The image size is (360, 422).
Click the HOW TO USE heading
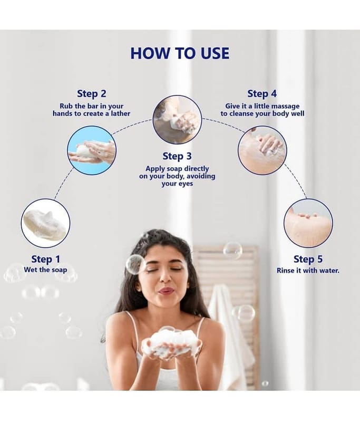pyautogui.click(x=180, y=53)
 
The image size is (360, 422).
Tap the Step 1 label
pyautogui.click(x=46, y=259)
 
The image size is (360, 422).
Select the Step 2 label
pyautogui.click(x=92, y=94)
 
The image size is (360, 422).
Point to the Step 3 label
pyautogui.click(x=177, y=156)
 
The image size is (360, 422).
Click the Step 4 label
pyautogui.click(x=262, y=94)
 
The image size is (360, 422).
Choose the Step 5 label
pyautogui.click(x=308, y=259)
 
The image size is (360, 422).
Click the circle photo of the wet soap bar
pyautogui.click(x=45, y=223)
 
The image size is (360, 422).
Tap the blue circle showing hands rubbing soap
pyautogui.click(x=92, y=150)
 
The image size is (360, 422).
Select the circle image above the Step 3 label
pyautogui.click(x=177, y=120)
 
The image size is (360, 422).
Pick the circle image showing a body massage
pyautogui.click(x=262, y=150)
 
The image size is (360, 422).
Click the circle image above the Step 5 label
pyautogui.click(x=308, y=223)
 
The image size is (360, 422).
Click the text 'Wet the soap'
pyautogui.click(x=45, y=270)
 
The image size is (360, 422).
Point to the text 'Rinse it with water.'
pyautogui.click(x=308, y=270)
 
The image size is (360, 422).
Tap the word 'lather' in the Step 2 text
pyautogui.click(x=121, y=113)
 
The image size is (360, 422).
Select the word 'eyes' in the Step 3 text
pyautogui.click(x=186, y=184)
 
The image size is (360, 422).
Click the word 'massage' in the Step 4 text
pyautogui.click(x=285, y=106)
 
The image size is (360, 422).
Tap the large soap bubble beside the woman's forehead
pyautogui.click(x=136, y=264)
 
